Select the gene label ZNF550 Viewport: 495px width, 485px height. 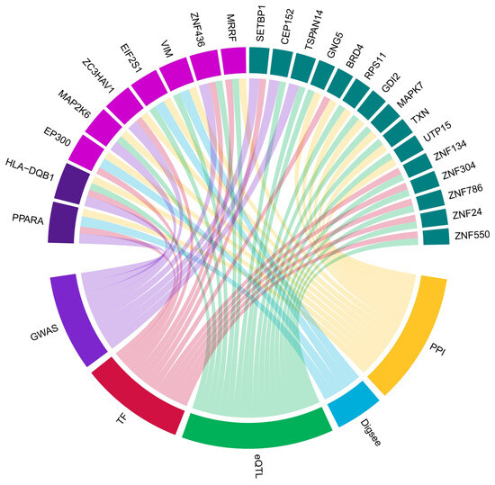coord(472,237)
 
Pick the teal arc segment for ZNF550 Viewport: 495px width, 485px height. coord(436,237)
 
